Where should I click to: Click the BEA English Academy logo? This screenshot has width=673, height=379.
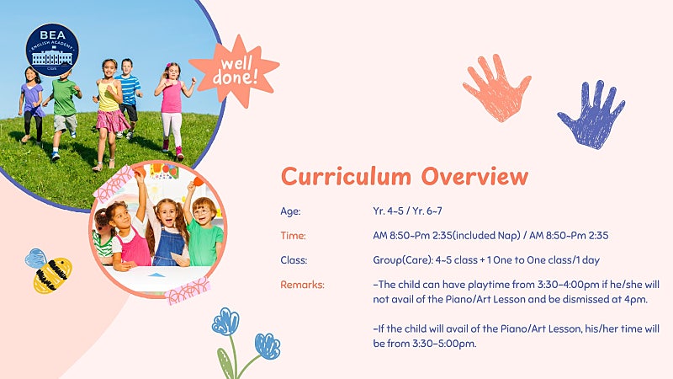point(52,50)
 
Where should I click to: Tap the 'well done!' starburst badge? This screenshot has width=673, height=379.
point(235,71)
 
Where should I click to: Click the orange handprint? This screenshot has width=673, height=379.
point(497,88)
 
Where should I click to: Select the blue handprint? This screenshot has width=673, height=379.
point(592,115)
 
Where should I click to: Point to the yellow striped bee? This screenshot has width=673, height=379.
point(49,270)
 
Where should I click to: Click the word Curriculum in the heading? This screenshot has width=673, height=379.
point(346,176)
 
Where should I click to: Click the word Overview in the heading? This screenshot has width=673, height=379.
point(474,176)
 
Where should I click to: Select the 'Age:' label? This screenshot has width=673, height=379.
point(290,211)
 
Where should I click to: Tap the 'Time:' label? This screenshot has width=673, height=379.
point(293,236)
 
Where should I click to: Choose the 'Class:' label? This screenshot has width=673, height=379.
point(294,260)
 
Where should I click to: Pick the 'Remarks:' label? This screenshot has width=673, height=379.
point(302,285)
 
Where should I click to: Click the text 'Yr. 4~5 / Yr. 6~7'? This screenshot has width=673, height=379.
point(407,211)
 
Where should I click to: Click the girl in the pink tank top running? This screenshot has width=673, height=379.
point(173,109)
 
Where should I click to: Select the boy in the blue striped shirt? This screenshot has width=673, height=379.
point(128,97)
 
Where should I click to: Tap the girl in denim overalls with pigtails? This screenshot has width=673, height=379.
point(169,232)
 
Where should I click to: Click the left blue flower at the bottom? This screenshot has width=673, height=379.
point(225,322)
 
